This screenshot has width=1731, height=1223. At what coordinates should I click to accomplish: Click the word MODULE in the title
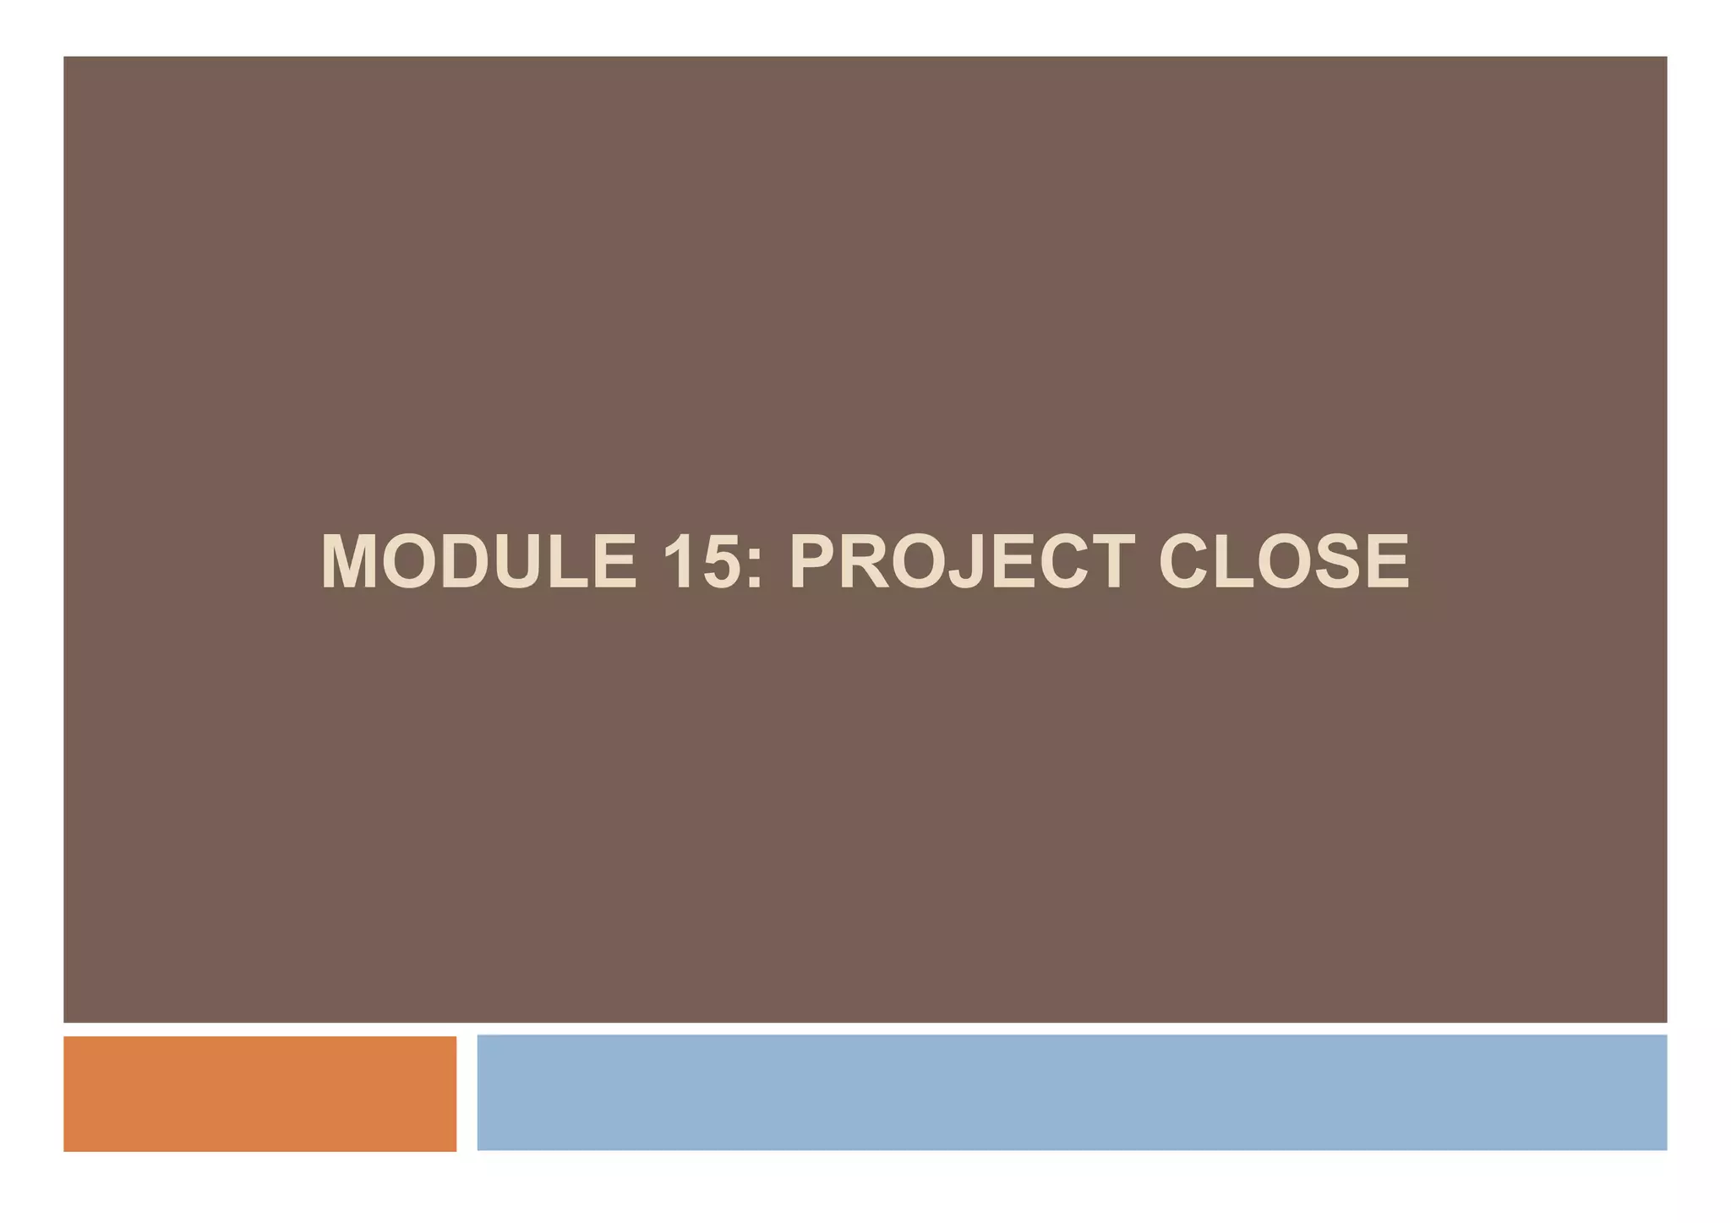click(478, 562)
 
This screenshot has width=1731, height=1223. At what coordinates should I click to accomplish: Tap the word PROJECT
click(962, 562)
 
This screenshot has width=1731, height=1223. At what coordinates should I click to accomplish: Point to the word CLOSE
click(1283, 562)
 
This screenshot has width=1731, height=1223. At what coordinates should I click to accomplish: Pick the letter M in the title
click(348, 562)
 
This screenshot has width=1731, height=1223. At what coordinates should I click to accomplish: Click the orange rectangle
click(259, 1093)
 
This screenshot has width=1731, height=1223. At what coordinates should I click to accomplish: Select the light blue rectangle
click(1071, 1092)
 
